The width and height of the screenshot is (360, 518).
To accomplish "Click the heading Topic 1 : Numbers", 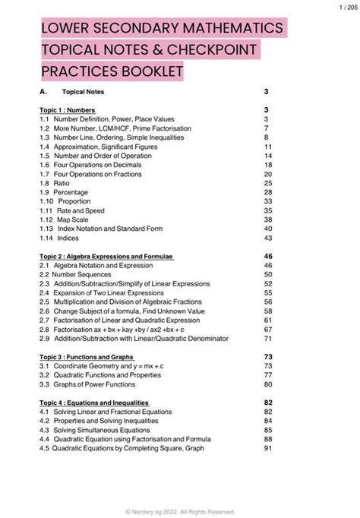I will (68, 110).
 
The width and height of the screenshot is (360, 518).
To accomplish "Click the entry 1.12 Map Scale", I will (66, 220).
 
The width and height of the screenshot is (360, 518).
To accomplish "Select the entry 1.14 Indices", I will (62, 238).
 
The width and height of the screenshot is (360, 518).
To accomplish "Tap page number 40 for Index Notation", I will (267, 229).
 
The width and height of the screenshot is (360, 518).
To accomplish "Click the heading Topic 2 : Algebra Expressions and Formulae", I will (107, 257).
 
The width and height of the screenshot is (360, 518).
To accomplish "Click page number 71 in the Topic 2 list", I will (267, 339).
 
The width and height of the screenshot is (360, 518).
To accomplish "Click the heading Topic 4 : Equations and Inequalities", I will (94, 403).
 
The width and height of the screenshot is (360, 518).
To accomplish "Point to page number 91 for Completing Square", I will (267, 448).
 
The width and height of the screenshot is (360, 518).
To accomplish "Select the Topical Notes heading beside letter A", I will (83, 92).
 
